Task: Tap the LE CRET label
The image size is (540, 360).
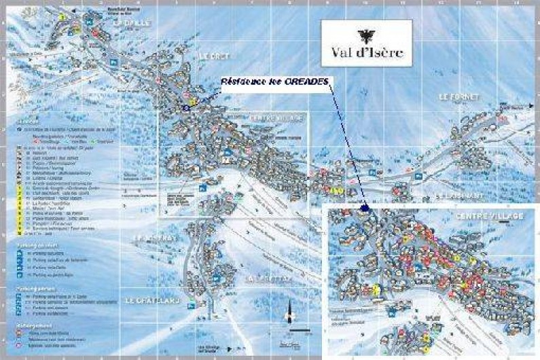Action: pyautogui.click(x=212, y=56)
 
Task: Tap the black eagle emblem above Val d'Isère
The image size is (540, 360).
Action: pyautogui.click(x=366, y=35)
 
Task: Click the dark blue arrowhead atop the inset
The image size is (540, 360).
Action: pyautogui.click(x=365, y=208)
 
